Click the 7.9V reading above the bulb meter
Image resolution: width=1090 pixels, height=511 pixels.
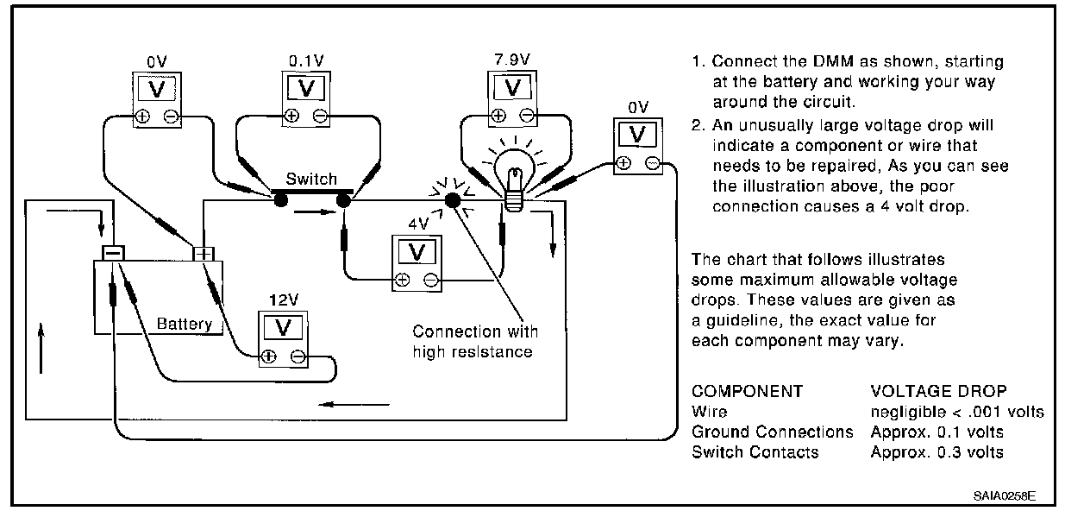coord(512,60)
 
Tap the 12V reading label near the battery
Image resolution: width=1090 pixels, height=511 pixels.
coord(284,300)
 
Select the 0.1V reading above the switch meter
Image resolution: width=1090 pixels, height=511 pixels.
coord(306,60)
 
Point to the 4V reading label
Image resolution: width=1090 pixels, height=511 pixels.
coord(418,224)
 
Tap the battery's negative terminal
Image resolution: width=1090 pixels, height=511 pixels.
coord(113,253)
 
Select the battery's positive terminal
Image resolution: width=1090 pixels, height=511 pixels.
coord(204,254)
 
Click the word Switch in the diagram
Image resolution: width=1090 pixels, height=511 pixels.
coord(311,179)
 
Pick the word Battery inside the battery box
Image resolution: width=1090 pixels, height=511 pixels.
coord(185,324)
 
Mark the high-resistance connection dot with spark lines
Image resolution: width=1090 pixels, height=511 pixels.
coord(453,200)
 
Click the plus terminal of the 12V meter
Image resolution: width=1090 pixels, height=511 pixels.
coord(268,356)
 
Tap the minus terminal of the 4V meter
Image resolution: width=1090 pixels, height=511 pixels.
coord(431,280)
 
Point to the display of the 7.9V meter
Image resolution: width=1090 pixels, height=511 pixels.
coord(512,88)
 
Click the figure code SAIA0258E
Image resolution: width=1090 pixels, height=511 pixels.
coord(1005,496)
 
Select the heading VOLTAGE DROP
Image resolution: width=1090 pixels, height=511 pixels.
coord(939,391)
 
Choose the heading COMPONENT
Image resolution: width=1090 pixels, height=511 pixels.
coord(748,391)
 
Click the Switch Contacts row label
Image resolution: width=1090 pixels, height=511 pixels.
coord(755,452)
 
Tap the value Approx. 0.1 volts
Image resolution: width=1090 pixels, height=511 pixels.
coord(937,432)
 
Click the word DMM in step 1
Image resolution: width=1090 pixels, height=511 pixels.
coord(833,61)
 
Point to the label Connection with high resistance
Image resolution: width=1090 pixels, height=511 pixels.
coord(475,342)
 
